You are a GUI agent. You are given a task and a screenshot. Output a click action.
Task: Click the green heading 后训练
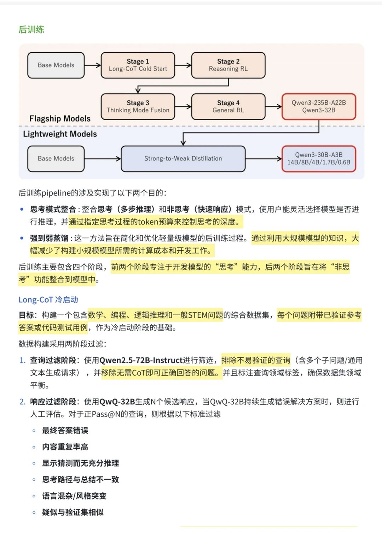click(31, 30)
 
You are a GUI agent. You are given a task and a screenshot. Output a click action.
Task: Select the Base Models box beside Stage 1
click(56, 65)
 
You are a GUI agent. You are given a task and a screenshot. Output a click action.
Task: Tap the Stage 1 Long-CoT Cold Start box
click(138, 65)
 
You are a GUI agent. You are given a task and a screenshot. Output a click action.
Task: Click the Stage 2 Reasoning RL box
click(228, 65)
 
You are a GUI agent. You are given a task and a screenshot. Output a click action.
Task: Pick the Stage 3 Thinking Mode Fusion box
click(138, 106)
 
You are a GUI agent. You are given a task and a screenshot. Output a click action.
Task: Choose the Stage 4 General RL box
click(228, 106)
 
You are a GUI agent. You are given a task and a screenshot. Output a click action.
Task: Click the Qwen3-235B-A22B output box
click(319, 106)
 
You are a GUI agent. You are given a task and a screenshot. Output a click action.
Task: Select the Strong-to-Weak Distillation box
click(183, 159)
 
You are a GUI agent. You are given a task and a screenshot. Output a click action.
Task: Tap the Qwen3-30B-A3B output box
click(319, 159)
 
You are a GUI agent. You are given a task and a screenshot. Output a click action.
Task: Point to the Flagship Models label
click(60, 119)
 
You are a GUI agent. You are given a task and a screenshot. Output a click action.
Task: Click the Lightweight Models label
click(60, 134)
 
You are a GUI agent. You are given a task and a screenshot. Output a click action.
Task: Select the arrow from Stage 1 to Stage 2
click(183, 65)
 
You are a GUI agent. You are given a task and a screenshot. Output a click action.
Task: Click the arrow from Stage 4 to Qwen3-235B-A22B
click(273, 106)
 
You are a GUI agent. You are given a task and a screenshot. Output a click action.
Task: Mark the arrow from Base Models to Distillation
click(103, 159)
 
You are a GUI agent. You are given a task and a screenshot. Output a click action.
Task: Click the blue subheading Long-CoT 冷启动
click(48, 300)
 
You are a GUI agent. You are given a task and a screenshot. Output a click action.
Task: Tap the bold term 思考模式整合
click(53, 209)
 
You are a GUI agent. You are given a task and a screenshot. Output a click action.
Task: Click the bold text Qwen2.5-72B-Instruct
click(141, 360)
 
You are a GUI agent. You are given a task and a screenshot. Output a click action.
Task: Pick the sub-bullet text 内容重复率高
click(65, 447)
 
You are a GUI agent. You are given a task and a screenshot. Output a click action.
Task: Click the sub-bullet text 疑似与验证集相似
click(73, 512)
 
